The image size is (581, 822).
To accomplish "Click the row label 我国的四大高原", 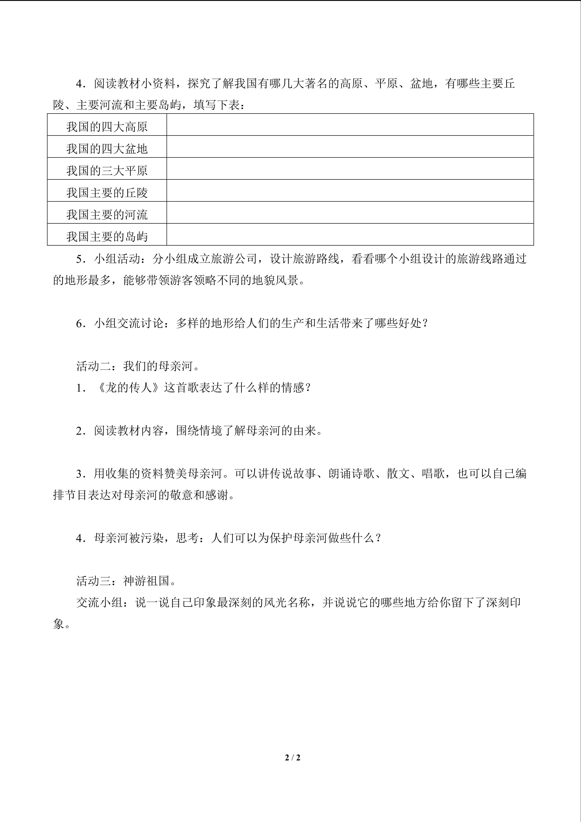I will pos(107,127).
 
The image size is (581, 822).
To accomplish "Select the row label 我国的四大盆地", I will pos(107,149).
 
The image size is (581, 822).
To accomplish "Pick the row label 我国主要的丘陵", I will pos(107,193).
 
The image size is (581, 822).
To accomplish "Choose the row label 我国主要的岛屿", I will pos(107,236).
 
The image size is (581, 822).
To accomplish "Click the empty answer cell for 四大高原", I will pos(350,125).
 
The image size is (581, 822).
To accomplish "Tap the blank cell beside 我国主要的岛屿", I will pos(350,235).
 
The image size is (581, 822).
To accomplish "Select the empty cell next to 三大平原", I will pos(350,169).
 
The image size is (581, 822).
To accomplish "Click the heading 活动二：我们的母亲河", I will pos(138,366).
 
